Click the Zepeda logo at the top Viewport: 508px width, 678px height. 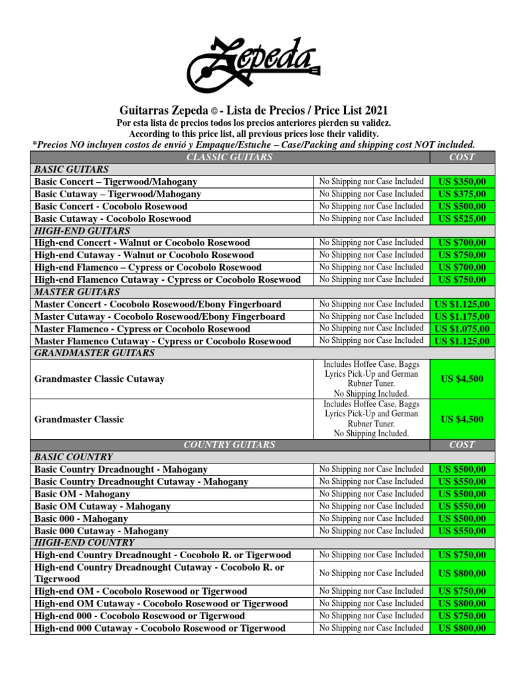pyautogui.click(x=254, y=65)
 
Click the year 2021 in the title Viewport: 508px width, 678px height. pyautogui.click(x=374, y=111)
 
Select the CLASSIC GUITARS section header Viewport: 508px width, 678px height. pyautogui.click(x=230, y=157)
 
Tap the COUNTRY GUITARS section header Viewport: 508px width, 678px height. pyautogui.click(x=230, y=445)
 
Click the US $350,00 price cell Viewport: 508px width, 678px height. pyautogui.click(x=462, y=181)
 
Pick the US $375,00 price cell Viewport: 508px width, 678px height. pyautogui.click(x=462, y=194)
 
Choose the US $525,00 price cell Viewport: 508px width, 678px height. pyautogui.click(x=462, y=218)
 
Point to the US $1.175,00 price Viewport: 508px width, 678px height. pyautogui.click(x=462, y=316)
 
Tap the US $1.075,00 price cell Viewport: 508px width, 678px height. pyautogui.click(x=462, y=329)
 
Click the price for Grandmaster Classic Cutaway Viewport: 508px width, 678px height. pyautogui.click(x=462, y=379)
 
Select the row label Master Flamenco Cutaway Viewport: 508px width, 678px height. pyautogui.click(x=163, y=341)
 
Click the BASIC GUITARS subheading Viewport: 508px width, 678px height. pyautogui.click(x=68, y=169)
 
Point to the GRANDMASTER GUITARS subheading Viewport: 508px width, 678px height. pyautogui.click(x=95, y=354)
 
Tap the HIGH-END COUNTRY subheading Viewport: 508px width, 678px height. pyautogui.click(x=84, y=542)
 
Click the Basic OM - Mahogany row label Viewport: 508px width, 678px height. pyautogui.click(x=82, y=494)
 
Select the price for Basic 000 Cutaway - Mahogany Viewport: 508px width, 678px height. pyautogui.click(x=462, y=531)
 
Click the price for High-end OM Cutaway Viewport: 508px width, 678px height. pyautogui.click(x=462, y=604)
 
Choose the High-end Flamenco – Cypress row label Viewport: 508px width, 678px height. pyautogui.click(x=148, y=267)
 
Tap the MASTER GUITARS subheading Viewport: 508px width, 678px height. pyautogui.click(x=77, y=292)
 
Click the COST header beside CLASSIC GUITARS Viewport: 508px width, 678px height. pyautogui.click(x=462, y=157)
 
